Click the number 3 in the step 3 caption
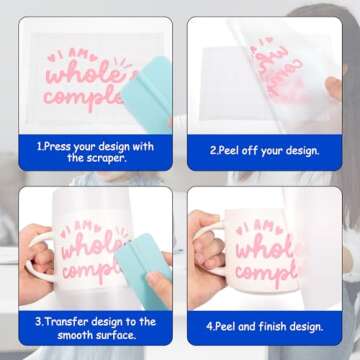[x=37, y=321]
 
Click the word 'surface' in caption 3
[x=111, y=335]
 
